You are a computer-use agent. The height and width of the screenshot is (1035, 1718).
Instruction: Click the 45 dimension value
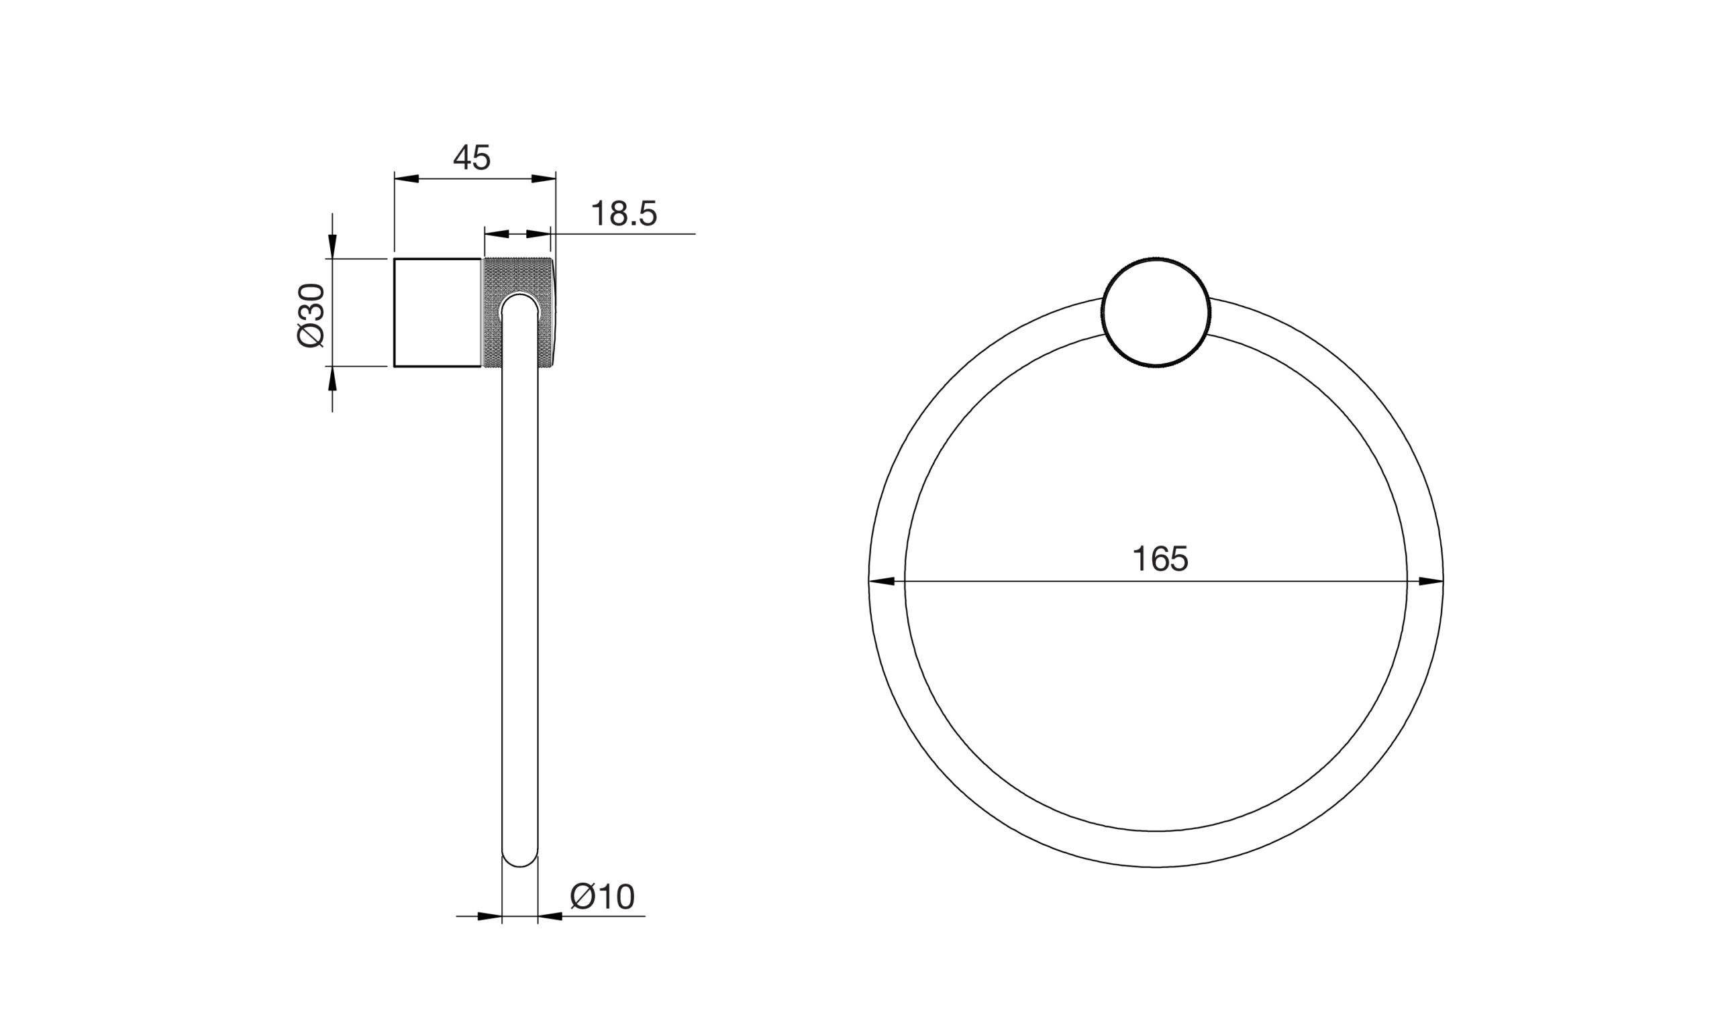pyautogui.click(x=472, y=158)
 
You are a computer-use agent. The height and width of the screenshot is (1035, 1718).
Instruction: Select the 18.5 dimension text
pyautogui.click(x=624, y=213)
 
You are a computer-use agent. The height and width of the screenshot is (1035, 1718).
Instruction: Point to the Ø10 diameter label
pyautogui.click(x=603, y=896)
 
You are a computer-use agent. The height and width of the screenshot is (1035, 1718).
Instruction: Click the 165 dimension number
pyautogui.click(x=1160, y=559)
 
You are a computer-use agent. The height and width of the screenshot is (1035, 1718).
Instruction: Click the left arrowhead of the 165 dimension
pyautogui.click(x=882, y=581)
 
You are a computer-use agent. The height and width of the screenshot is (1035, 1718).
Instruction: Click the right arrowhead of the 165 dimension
pyautogui.click(x=1431, y=581)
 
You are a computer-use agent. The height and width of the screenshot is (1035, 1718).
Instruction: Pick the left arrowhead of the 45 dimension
pyautogui.click(x=407, y=178)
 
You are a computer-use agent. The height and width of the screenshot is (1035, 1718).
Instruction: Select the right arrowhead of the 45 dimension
pyautogui.click(x=543, y=178)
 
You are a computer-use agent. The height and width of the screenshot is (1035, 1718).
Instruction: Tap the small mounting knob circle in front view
pyautogui.click(x=1156, y=311)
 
